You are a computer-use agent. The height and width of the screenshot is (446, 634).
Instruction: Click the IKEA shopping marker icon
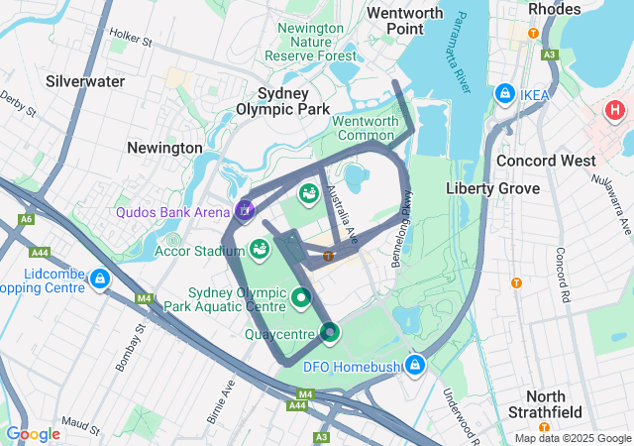[x=505, y=93]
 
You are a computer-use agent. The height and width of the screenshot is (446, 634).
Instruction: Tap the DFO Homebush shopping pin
[x=415, y=366]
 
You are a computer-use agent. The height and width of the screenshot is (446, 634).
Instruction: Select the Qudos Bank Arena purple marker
[x=245, y=210]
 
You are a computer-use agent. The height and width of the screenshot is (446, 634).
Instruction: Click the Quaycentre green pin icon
[x=330, y=334]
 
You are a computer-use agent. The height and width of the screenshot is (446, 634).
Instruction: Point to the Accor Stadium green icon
[x=260, y=249]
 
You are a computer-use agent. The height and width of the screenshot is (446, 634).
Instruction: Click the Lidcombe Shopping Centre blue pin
[x=99, y=280]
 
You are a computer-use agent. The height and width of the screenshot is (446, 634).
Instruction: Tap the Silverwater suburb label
[x=85, y=81]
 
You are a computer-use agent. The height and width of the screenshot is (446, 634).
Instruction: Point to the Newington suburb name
[x=164, y=148]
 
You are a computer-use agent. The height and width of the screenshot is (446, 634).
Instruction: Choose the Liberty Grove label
[x=492, y=188]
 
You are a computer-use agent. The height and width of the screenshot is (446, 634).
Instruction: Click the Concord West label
[x=546, y=161]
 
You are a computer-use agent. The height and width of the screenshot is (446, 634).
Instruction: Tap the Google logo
[x=33, y=434]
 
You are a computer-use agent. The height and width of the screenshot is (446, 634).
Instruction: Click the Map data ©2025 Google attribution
[x=572, y=439]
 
